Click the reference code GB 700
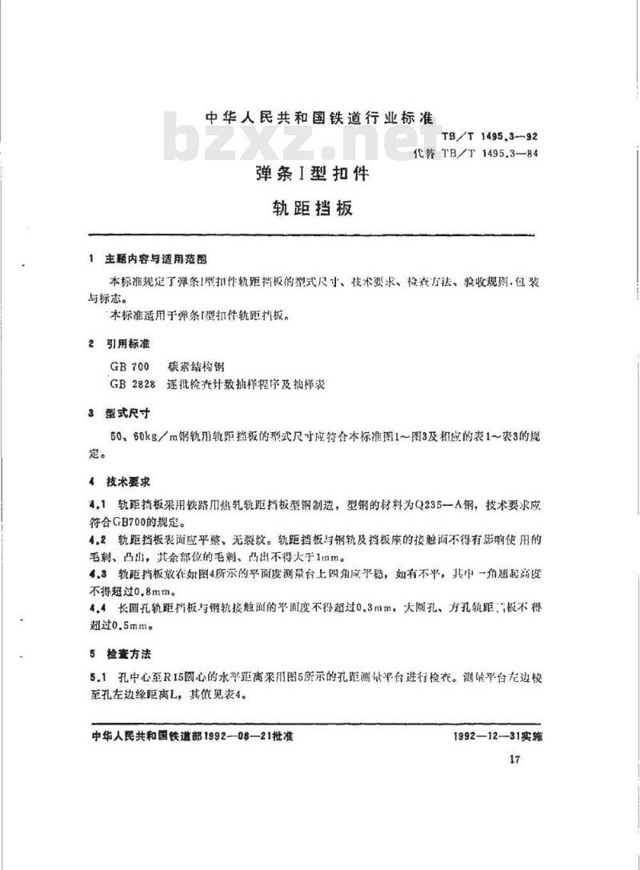click(x=130, y=366)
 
